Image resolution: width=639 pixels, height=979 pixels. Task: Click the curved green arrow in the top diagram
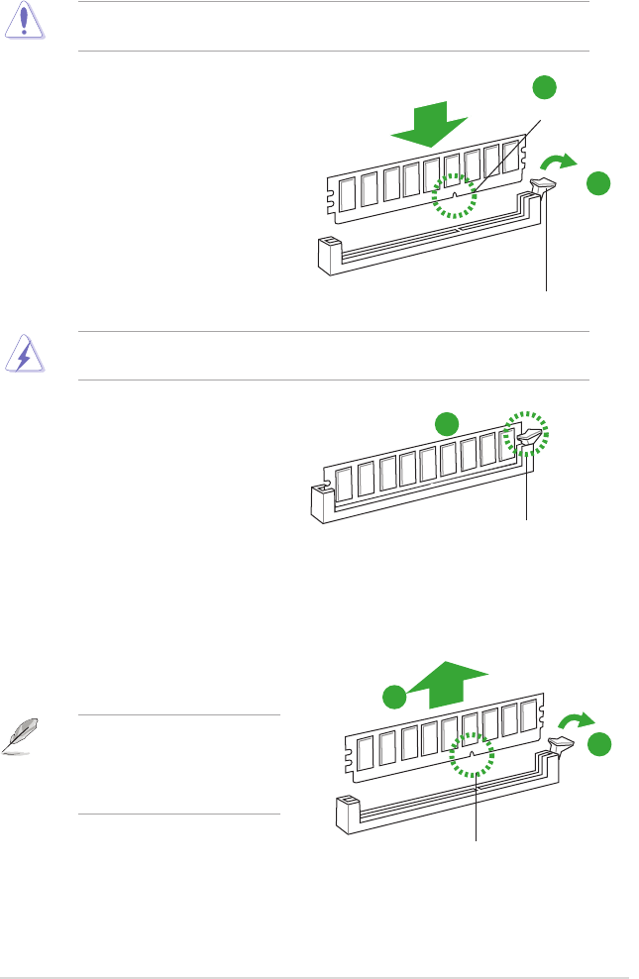click(x=558, y=161)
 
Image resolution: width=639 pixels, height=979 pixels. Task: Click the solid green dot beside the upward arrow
click(x=394, y=696)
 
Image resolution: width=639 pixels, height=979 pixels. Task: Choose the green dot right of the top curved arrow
click(x=596, y=183)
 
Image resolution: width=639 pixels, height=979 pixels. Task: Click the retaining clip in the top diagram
click(x=545, y=182)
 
